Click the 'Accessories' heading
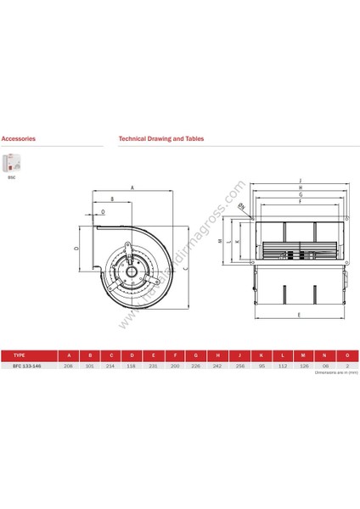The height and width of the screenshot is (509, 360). tap(18, 137)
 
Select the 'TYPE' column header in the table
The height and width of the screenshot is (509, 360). tap(22, 355)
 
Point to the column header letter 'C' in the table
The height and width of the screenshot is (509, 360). tap(110, 355)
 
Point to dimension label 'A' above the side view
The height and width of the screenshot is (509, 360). tap(132, 187)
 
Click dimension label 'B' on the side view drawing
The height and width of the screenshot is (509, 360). tap(111, 200)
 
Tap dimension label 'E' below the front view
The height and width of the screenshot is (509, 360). tap(300, 316)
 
